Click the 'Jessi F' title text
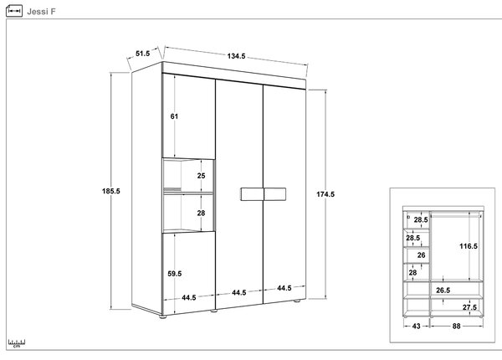41,12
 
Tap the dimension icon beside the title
14,11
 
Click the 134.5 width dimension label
236,56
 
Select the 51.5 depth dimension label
142,54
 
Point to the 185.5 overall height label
111,191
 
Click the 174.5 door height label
325,194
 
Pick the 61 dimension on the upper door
174,116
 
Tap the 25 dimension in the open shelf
201,176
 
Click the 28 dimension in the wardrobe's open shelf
201,213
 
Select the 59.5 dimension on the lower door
175,274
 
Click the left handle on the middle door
252,194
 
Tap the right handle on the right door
275,194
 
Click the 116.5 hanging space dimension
469,246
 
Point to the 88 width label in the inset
456,326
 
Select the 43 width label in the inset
416,326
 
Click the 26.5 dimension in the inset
443,291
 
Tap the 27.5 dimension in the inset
469,307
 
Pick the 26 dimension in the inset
422,255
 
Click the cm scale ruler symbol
17,343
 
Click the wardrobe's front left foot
163,316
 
